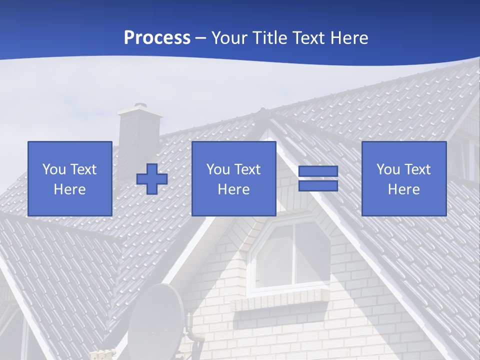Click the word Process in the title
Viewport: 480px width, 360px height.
[x=157, y=38]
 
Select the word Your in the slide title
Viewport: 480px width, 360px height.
[x=230, y=38]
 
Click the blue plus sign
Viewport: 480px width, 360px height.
[x=152, y=179]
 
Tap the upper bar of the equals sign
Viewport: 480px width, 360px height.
[x=318, y=171]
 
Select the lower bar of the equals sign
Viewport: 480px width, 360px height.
[x=318, y=185]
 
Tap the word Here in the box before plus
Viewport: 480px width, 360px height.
[x=70, y=189]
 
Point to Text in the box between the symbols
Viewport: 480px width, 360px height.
[x=247, y=169]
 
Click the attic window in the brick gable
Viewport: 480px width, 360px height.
[x=292, y=255]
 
